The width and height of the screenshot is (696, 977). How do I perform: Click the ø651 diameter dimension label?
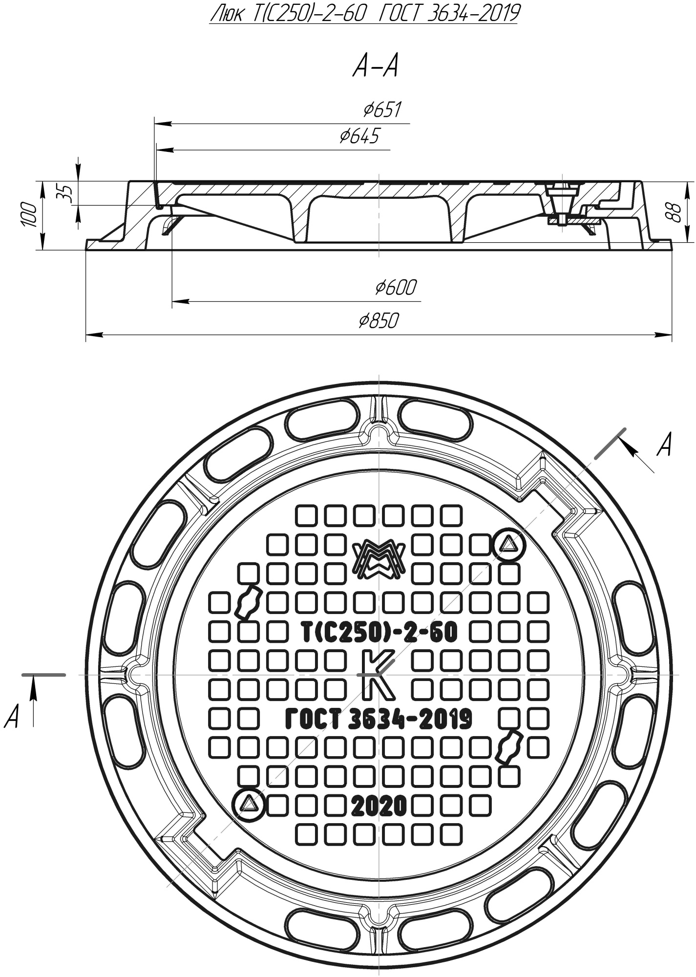click(x=382, y=110)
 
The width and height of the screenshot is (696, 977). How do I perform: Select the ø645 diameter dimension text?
click(x=359, y=136)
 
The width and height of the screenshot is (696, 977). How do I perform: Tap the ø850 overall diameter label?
click(x=379, y=321)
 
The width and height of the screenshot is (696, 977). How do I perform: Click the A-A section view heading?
click(x=375, y=67)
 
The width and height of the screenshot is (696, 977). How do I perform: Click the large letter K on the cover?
click(x=378, y=675)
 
